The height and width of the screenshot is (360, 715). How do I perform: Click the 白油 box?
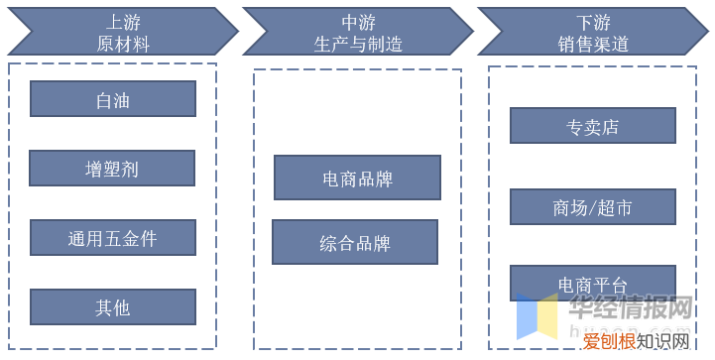(x=112, y=99)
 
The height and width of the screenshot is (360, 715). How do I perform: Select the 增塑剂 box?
(x=112, y=169)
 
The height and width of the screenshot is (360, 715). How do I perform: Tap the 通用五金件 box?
(x=112, y=238)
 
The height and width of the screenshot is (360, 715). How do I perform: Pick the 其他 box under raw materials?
(x=112, y=307)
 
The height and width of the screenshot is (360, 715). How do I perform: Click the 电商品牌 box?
(x=357, y=179)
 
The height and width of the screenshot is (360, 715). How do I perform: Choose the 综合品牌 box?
(x=355, y=242)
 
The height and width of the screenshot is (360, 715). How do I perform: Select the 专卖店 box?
(x=593, y=126)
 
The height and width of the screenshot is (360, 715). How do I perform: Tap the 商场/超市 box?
(x=593, y=206)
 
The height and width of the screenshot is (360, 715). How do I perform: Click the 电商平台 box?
(x=593, y=284)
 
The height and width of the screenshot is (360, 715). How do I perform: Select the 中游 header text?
(x=357, y=21)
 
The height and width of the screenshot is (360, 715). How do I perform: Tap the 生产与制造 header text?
(x=357, y=43)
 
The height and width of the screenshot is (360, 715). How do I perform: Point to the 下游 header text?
(x=593, y=21)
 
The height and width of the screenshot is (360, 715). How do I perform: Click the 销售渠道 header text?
(x=593, y=43)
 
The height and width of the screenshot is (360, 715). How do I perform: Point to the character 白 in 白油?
(x=103, y=99)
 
